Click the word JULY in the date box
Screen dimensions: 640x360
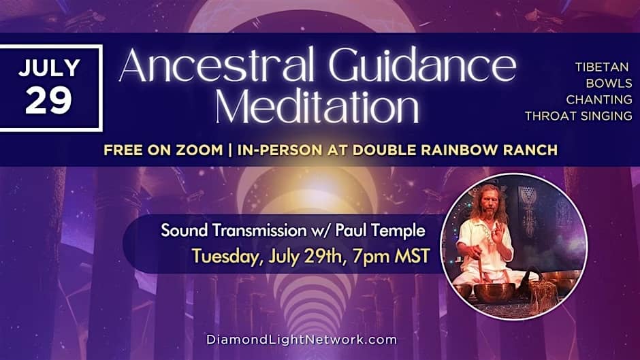(49, 68)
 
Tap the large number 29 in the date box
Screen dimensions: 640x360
(48, 101)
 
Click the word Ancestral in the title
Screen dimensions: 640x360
(217, 65)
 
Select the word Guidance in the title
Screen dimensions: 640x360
(422, 65)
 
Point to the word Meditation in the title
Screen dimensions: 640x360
(317, 105)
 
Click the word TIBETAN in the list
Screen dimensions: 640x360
(602, 67)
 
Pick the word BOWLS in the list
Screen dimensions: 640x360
(609, 83)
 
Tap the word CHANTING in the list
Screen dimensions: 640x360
(598, 99)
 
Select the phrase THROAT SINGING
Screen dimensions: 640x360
(578, 116)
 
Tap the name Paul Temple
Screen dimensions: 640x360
(380, 231)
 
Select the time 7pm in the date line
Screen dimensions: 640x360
(370, 257)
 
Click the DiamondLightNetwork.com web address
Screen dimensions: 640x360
(302, 340)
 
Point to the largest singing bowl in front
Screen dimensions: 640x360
(494, 291)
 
